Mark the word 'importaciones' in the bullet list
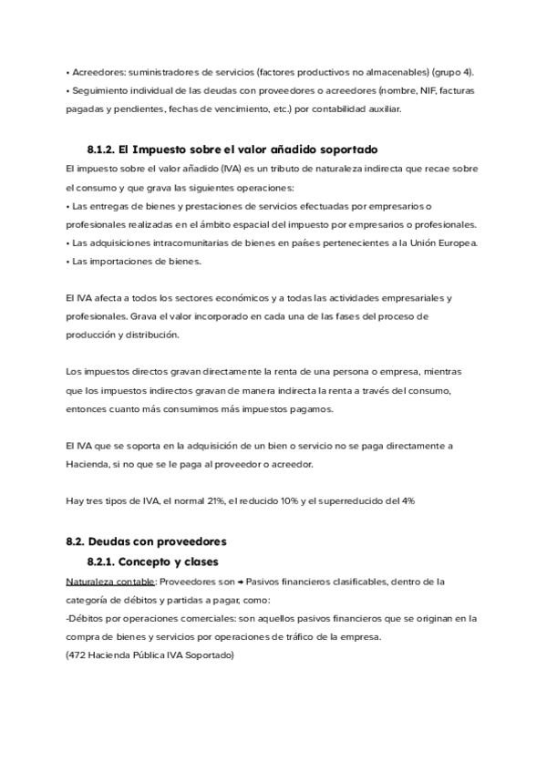coord(126,261)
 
